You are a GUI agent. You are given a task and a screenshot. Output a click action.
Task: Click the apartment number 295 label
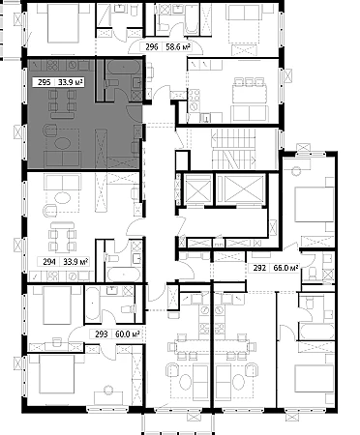coord(45,82)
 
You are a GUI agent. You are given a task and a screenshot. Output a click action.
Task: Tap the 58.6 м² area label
coord(178,47)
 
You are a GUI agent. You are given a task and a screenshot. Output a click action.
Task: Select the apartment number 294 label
coord(49,262)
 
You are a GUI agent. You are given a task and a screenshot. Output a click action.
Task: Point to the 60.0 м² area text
coord(128,334)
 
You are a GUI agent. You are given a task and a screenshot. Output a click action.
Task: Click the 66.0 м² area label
coord(285,268)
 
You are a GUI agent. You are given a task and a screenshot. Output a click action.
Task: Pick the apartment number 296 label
coord(152,47)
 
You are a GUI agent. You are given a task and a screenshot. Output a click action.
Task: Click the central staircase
coord(233,149)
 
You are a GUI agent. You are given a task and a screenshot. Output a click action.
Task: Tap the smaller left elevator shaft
coord(197,189)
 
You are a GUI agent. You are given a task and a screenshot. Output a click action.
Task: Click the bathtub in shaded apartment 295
coord(124,68)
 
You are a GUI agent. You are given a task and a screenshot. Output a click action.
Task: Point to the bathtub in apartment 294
coord(124,275)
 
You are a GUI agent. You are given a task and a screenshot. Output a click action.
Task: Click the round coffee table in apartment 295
coord(62,142)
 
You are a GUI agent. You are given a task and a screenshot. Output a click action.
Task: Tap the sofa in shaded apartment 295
coord(62,159)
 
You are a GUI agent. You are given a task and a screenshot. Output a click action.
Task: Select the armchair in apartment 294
coord(49,210)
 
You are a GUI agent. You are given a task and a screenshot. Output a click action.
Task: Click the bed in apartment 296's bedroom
coord(63,23)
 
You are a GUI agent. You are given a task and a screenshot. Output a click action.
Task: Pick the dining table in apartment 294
coord(63,238)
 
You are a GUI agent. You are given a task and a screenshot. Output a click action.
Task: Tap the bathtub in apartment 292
coord(316,333)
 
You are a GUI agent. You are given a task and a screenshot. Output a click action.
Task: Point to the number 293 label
coord(102,334)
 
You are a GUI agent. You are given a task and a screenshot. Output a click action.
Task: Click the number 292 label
coord(259,268)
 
